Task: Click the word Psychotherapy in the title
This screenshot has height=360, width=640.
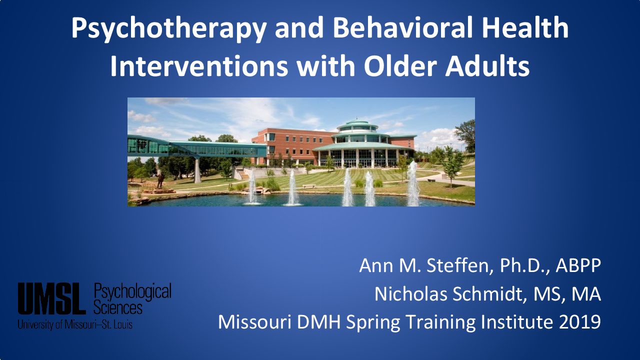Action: coord(169,27)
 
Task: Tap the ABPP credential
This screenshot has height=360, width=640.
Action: coord(578,265)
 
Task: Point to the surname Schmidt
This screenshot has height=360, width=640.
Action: coord(489,293)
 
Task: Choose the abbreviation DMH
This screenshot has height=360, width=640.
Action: coord(319,322)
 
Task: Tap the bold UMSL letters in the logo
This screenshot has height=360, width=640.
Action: coord(51,298)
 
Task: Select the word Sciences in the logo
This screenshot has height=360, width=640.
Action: coord(118,308)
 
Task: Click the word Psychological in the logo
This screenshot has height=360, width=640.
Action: coord(132,292)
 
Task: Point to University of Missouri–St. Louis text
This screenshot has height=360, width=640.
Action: coord(75,324)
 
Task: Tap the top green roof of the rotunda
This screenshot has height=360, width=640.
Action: coord(357,123)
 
